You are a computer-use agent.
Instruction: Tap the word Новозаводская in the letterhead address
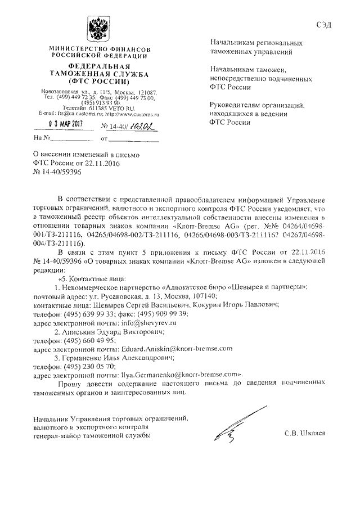[61, 92]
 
